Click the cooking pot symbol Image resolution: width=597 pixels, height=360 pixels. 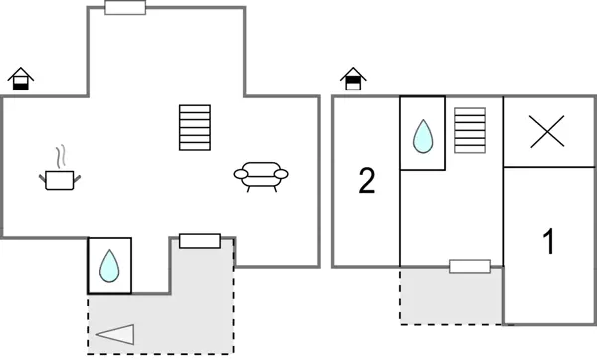[x=60, y=180]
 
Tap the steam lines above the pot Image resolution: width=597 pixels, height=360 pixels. [x=61, y=156]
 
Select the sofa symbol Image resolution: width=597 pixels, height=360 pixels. [x=261, y=175]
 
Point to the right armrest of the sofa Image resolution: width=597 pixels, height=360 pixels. [x=282, y=174]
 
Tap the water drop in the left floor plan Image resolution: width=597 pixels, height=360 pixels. [x=109, y=266]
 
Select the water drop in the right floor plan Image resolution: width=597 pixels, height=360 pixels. [x=422, y=134]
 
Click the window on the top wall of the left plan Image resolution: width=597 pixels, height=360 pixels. [x=125, y=8]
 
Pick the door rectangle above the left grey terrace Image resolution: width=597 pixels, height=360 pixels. [x=199, y=241]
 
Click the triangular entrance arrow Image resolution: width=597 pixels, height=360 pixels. [x=116, y=334]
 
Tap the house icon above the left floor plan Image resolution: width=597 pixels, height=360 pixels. [x=20, y=79]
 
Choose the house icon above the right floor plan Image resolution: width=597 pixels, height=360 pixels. [x=352, y=79]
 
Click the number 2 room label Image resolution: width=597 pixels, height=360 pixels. [x=366, y=182]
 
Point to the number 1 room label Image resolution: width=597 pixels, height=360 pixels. [x=547, y=242]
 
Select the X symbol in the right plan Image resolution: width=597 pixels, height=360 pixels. [x=546, y=132]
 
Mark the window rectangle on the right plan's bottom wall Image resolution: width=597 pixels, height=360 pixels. [x=469, y=267]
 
